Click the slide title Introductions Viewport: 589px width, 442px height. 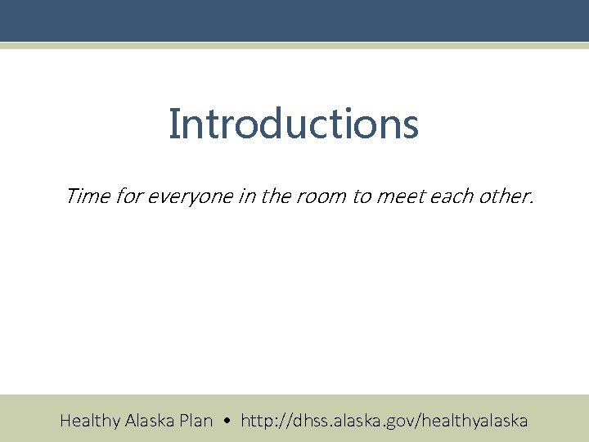point(294,124)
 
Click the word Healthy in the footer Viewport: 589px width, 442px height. point(90,422)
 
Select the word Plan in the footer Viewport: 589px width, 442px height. point(196,421)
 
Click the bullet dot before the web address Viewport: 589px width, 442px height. point(227,422)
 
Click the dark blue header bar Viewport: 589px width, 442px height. point(294,20)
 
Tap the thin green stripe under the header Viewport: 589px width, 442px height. point(294,46)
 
